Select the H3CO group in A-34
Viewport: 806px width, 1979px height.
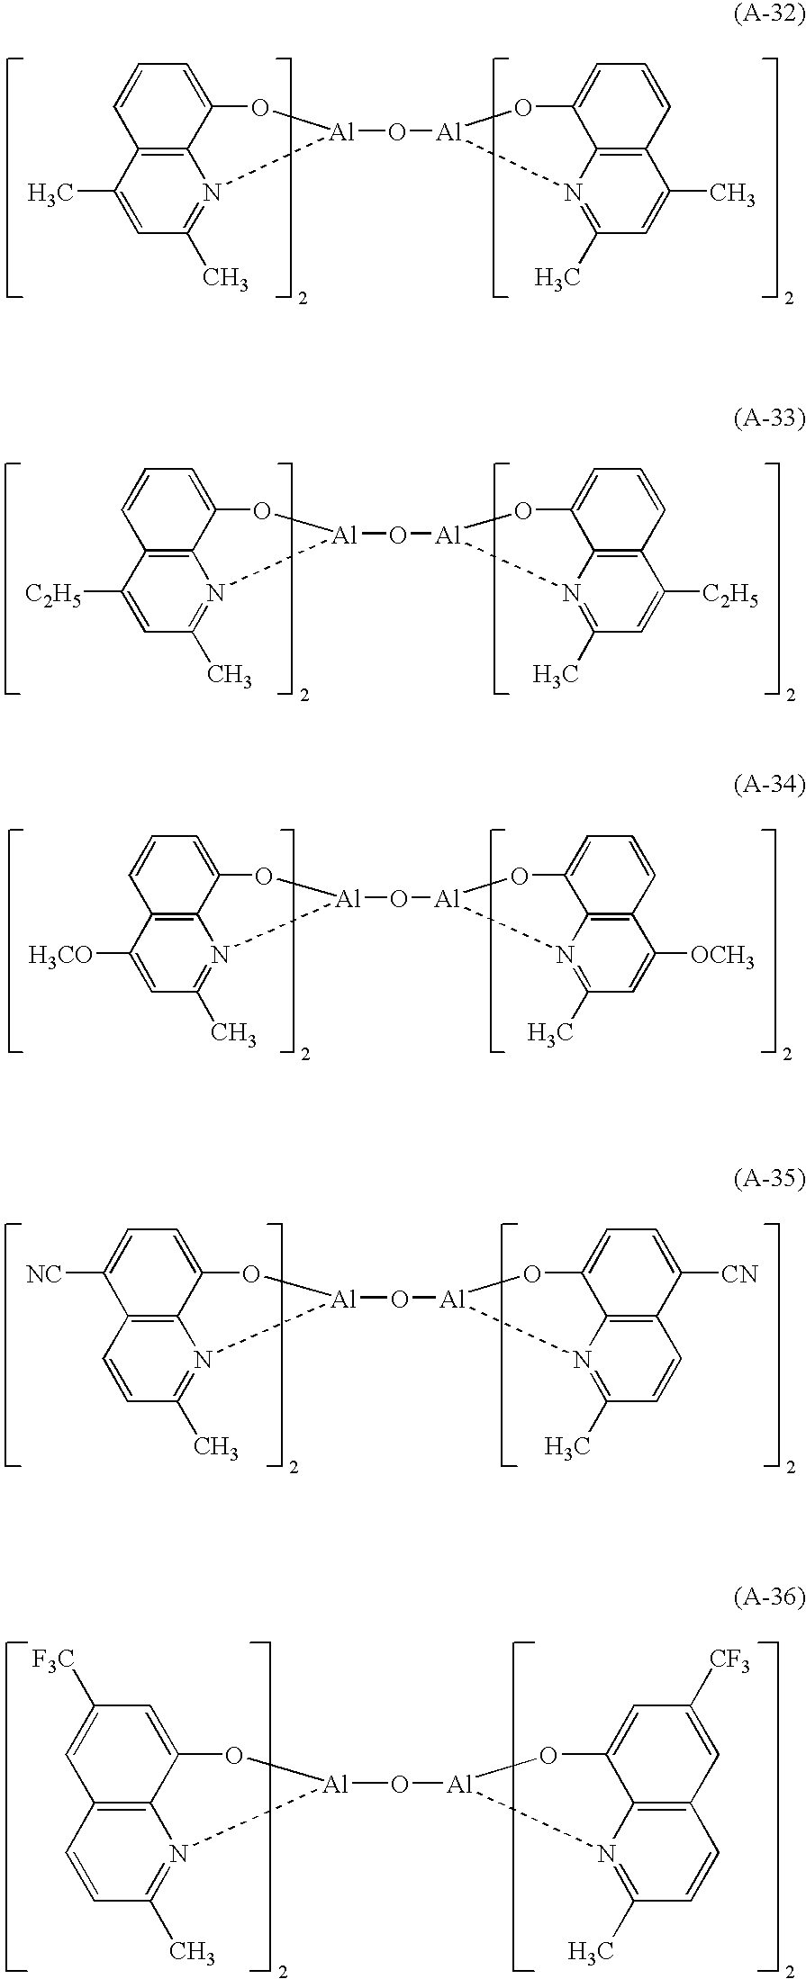(60, 956)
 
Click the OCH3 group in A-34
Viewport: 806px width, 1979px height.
(722, 956)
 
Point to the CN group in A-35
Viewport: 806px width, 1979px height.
(739, 1274)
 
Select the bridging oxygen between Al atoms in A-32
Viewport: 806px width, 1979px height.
(397, 133)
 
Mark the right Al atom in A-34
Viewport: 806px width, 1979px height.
(448, 899)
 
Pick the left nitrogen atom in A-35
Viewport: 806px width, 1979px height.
(203, 1359)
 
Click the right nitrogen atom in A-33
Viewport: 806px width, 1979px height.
(570, 593)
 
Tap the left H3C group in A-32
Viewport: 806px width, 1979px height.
(50, 193)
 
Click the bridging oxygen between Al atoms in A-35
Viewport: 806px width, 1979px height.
(400, 1300)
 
